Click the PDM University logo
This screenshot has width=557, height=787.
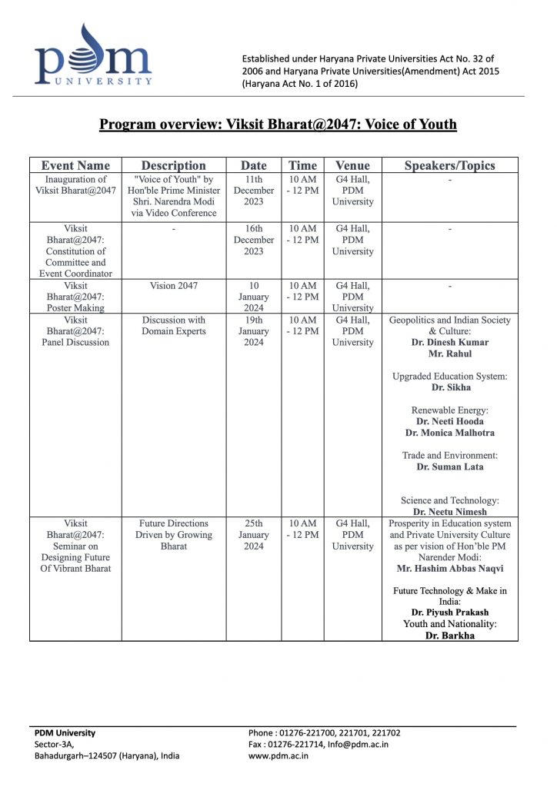[x=92, y=55]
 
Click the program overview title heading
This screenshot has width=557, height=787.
[x=278, y=125]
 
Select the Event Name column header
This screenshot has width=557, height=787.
[x=75, y=165]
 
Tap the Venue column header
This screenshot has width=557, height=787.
[x=352, y=165]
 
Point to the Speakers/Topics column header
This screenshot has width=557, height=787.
[x=449, y=165]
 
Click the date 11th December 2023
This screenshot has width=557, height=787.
[x=254, y=191]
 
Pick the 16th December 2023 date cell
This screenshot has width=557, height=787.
[x=254, y=240]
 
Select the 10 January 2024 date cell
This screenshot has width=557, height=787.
[x=254, y=297]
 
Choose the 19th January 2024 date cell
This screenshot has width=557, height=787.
[x=254, y=331]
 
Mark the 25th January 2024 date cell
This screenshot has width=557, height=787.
[x=254, y=535]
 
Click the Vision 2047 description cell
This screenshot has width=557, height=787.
[x=174, y=286]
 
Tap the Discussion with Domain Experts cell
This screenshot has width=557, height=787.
[x=174, y=326]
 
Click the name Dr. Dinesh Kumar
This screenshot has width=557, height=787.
[x=450, y=343]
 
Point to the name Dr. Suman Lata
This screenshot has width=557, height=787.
[x=450, y=467]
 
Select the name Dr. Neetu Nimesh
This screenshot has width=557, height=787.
[x=450, y=512]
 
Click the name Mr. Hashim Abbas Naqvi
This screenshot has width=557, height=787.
[x=450, y=569]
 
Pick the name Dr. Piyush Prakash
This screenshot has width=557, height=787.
[x=450, y=613]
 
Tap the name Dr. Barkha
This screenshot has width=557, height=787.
[x=450, y=636]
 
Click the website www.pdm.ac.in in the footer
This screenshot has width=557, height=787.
[x=278, y=756]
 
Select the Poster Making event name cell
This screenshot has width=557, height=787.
[x=75, y=297]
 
